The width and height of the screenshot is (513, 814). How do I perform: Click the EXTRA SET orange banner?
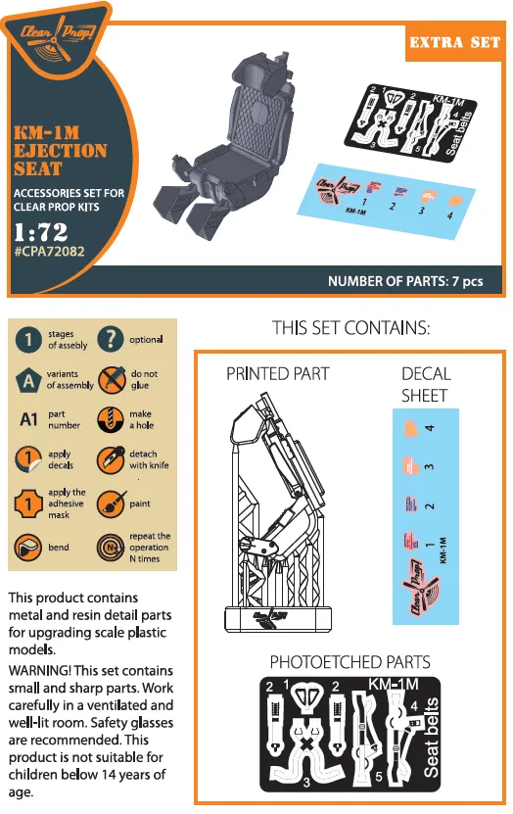click(x=453, y=43)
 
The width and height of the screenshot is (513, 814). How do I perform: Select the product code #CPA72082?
click(x=51, y=252)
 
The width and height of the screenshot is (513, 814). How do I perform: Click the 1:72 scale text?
click(x=42, y=233)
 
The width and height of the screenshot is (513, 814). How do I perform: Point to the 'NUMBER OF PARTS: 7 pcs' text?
click(x=405, y=281)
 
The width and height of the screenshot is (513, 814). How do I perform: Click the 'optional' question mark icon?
click(x=111, y=340)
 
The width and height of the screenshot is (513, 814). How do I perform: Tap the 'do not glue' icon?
click(x=112, y=379)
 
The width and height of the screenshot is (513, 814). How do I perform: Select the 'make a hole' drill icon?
click(x=111, y=420)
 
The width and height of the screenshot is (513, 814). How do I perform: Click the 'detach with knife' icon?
click(x=112, y=460)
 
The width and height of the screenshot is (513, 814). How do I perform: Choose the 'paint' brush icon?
click(x=112, y=504)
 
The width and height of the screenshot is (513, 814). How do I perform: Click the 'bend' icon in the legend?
click(x=30, y=547)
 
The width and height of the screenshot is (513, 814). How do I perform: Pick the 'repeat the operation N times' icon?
click(x=112, y=547)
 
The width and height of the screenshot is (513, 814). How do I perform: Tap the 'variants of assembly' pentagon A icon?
click(x=29, y=379)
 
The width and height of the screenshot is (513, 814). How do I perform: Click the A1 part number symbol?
click(x=30, y=420)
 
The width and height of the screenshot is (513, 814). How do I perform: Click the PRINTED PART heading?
click(x=278, y=373)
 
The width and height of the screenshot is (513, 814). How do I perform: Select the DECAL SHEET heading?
click(x=426, y=384)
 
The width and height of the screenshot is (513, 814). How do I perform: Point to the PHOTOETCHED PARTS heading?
click(x=350, y=662)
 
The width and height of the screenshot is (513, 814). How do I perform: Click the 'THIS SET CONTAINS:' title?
click(x=351, y=327)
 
